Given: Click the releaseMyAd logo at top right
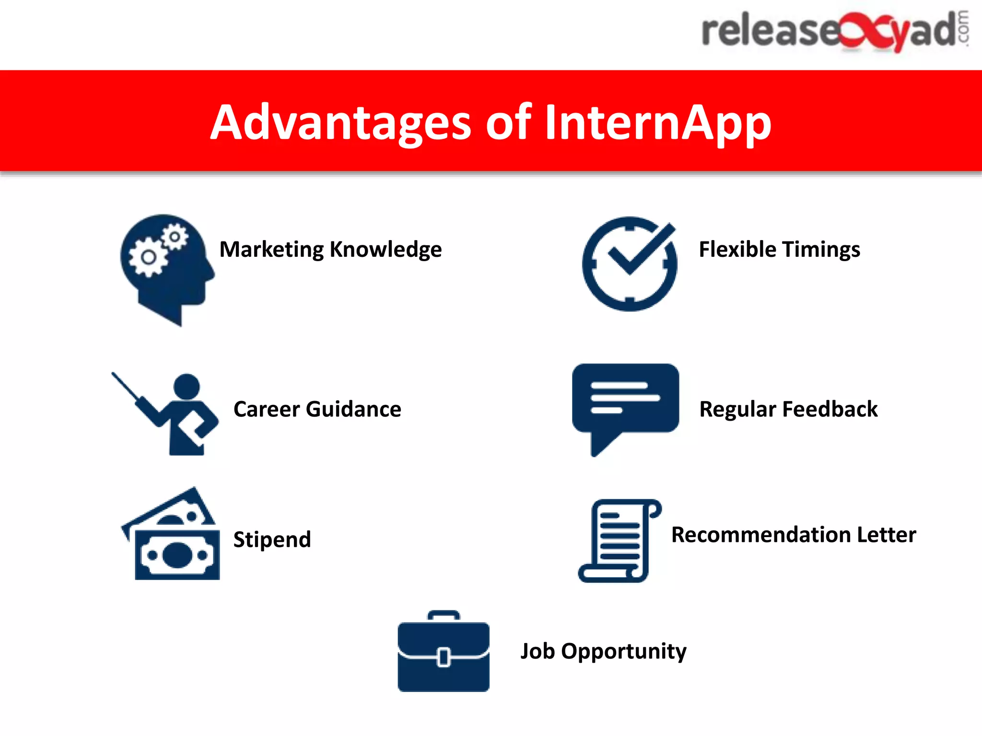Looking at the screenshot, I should point(834,31).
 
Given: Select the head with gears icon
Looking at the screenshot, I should point(165,268).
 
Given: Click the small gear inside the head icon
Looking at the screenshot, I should point(175,237).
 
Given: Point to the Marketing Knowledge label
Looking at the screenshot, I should point(330,250).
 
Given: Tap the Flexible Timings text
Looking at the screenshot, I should point(779,250).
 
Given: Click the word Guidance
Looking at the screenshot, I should point(353,410).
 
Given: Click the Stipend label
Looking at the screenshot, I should point(272,540).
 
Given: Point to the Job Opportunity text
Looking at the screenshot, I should point(603,651).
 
